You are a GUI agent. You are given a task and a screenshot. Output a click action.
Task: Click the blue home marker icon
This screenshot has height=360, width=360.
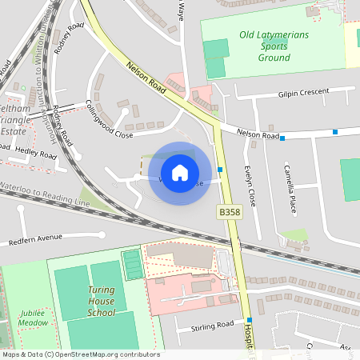click(180, 172)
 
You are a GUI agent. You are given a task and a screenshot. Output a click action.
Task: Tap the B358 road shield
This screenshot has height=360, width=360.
click(229, 211)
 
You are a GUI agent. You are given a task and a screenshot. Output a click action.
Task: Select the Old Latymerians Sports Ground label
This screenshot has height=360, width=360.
click(274, 46)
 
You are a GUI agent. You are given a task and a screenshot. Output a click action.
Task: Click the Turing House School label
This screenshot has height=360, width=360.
click(101, 302)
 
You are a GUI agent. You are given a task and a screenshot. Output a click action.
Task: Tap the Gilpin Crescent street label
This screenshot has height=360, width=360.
click(303, 92)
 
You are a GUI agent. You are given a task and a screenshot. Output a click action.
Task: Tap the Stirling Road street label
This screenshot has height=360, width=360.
click(213, 326)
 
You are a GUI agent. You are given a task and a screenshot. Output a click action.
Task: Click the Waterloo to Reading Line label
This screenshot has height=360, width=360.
click(45, 198)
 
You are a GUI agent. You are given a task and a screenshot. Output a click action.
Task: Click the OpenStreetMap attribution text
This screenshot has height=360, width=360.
click(80, 354)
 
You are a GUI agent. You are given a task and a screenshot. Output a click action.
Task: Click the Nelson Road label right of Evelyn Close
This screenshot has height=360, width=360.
click(257, 134)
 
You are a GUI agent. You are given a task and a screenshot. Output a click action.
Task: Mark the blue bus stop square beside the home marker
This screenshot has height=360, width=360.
click(220, 170)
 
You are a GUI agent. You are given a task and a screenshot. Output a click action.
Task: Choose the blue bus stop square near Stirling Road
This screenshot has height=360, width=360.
click(238, 321)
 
